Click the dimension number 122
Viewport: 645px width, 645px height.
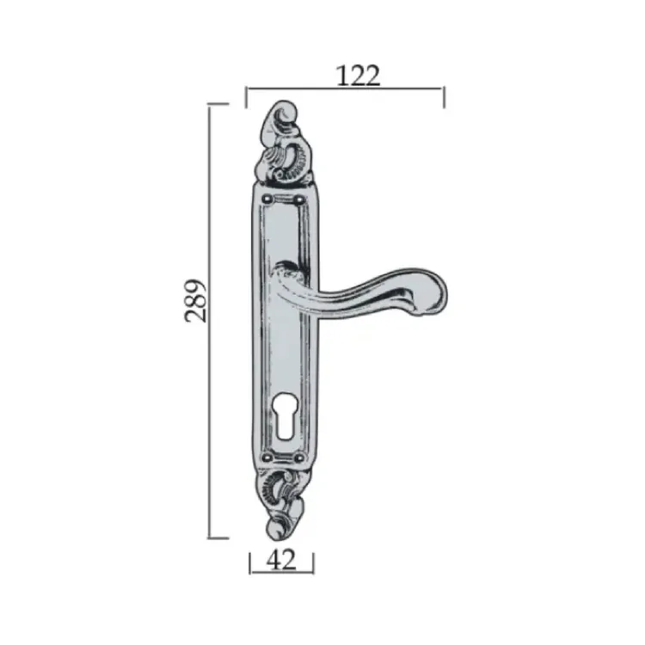[x=358, y=76]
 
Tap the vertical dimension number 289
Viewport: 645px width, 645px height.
[x=194, y=300]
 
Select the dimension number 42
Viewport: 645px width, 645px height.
[x=281, y=560]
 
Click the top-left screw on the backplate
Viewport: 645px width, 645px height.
[x=268, y=200]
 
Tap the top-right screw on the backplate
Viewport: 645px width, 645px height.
[x=299, y=200]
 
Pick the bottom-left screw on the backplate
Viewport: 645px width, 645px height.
[x=268, y=457]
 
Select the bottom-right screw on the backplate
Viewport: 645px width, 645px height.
[x=299, y=457]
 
